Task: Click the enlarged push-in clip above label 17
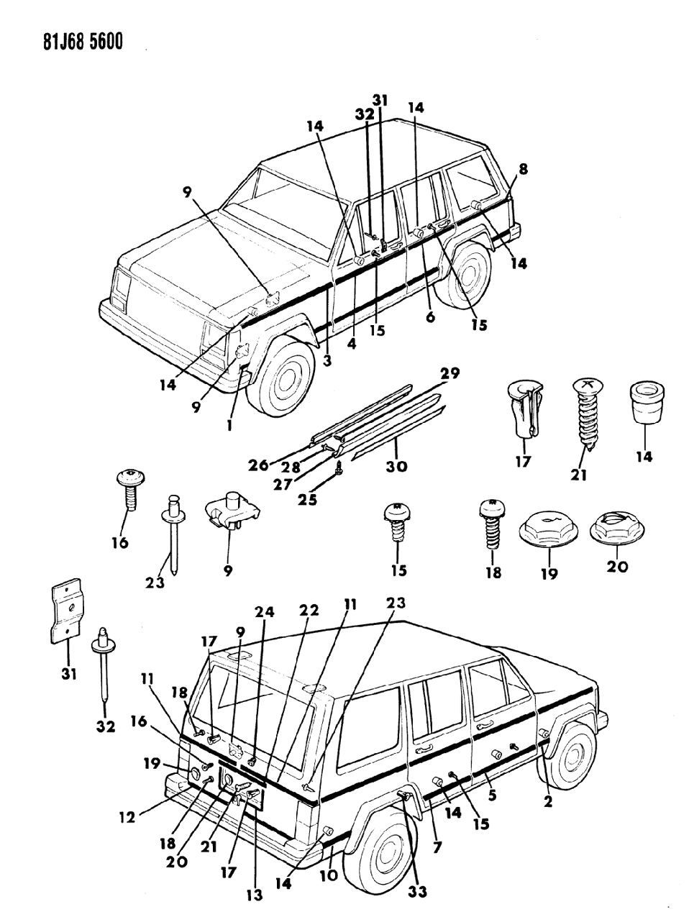click(x=524, y=410)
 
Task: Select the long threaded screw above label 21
click(x=585, y=414)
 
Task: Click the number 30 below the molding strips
click(x=396, y=466)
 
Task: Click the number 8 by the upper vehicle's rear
click(x=523, y=169)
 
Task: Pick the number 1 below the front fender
click(x=229, y=425)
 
